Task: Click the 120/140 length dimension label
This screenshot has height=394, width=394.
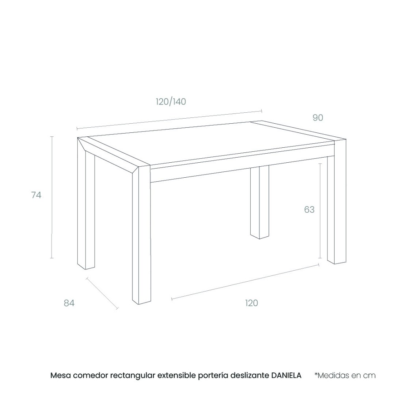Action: point(171,102)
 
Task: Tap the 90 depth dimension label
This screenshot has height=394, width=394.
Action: point(318,117)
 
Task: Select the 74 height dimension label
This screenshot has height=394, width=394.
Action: point(36,195)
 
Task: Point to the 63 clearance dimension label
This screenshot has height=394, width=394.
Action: point(309,210)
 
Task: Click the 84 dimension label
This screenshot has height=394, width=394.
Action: point(69,303)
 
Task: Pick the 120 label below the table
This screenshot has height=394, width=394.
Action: point(251,303)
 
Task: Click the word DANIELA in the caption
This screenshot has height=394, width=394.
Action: point(286,375)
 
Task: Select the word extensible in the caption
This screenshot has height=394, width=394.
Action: point(177,375)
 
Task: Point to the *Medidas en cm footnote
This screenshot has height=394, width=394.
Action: point(345,375)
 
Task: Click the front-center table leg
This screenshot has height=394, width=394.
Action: point(142,235)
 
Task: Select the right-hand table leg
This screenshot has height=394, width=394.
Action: point(337,201)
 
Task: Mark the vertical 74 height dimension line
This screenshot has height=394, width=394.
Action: point(52,197)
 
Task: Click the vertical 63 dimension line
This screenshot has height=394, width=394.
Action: point(320,210)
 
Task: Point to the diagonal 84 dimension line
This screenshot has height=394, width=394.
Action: point(102,293)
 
